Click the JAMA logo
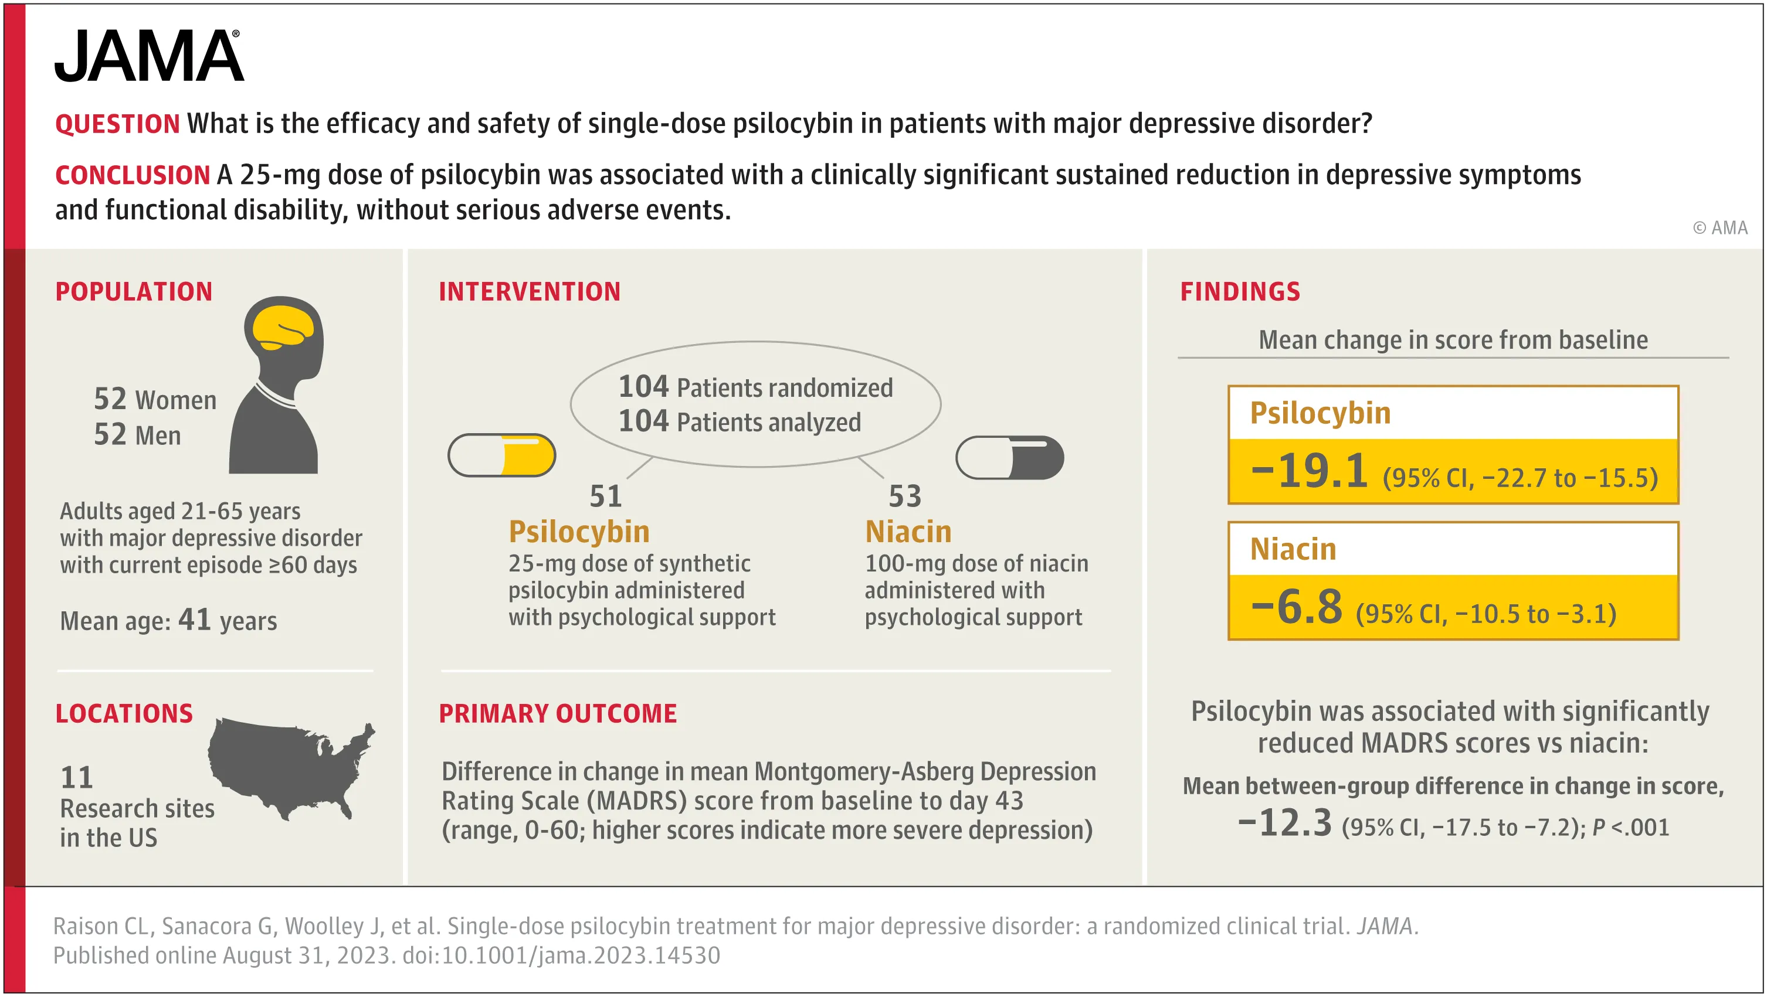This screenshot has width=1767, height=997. pos(149,56)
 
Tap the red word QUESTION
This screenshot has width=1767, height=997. pos(117,124)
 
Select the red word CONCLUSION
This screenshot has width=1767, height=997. pos(133,175)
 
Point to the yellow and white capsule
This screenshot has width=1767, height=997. pos(501,455)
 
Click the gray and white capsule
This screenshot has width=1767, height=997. pos(1009,458)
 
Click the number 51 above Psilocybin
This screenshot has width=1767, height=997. pos(606,496)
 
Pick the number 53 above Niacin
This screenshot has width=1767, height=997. pos(905,496)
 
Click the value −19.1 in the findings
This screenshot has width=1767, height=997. pos(1309,472)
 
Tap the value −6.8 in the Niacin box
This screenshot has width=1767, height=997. pos(1297,608)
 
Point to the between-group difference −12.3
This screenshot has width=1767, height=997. pos(1285,823)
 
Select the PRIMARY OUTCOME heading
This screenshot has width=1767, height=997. pos(558,714)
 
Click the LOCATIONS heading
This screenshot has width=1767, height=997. pos(124,714)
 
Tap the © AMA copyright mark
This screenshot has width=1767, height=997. pos(1719,227)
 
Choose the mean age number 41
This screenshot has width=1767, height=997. pos(194,620)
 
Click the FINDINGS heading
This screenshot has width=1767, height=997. pos(1240,292)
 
